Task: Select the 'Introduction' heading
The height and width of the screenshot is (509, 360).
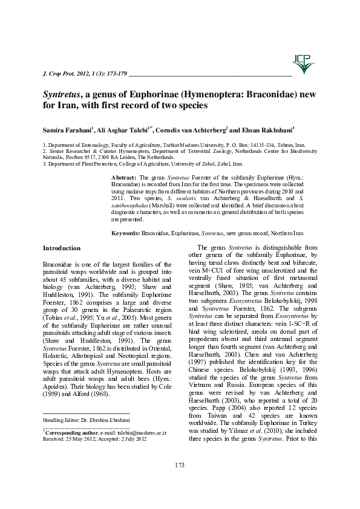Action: coord(61,248)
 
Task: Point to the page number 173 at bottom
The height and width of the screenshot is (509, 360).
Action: coord(179,464)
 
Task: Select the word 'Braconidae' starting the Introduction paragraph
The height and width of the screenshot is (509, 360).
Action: coord(57,265)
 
